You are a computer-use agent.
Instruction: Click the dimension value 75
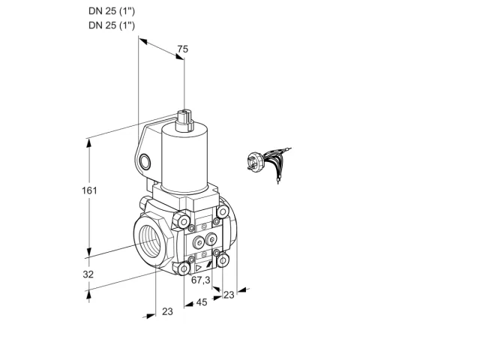(x=183, y=49)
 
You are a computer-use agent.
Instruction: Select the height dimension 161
(x=89, y=190)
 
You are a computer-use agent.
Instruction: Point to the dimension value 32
(x=88, y=274)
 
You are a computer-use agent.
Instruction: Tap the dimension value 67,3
(x=201, y=280)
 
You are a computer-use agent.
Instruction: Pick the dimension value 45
(x=202, y=302)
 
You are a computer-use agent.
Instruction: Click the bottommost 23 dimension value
(x=167, y=312)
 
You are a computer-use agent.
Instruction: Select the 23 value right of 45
(x=229, y=295)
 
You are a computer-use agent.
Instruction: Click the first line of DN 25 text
(x=112, y=11)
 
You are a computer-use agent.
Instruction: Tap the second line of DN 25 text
(x=112, y=25)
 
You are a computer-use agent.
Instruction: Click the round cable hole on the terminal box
(x=145, y=162)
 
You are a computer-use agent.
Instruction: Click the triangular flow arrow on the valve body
(x=198, y=268)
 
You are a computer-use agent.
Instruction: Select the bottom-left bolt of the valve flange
(x=184, y=269)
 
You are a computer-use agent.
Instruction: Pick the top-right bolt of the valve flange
(x=223, y=211)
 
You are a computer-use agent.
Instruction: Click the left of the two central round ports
(x=198, y=243)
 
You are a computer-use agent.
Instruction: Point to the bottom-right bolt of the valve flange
(x=223, y=260)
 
